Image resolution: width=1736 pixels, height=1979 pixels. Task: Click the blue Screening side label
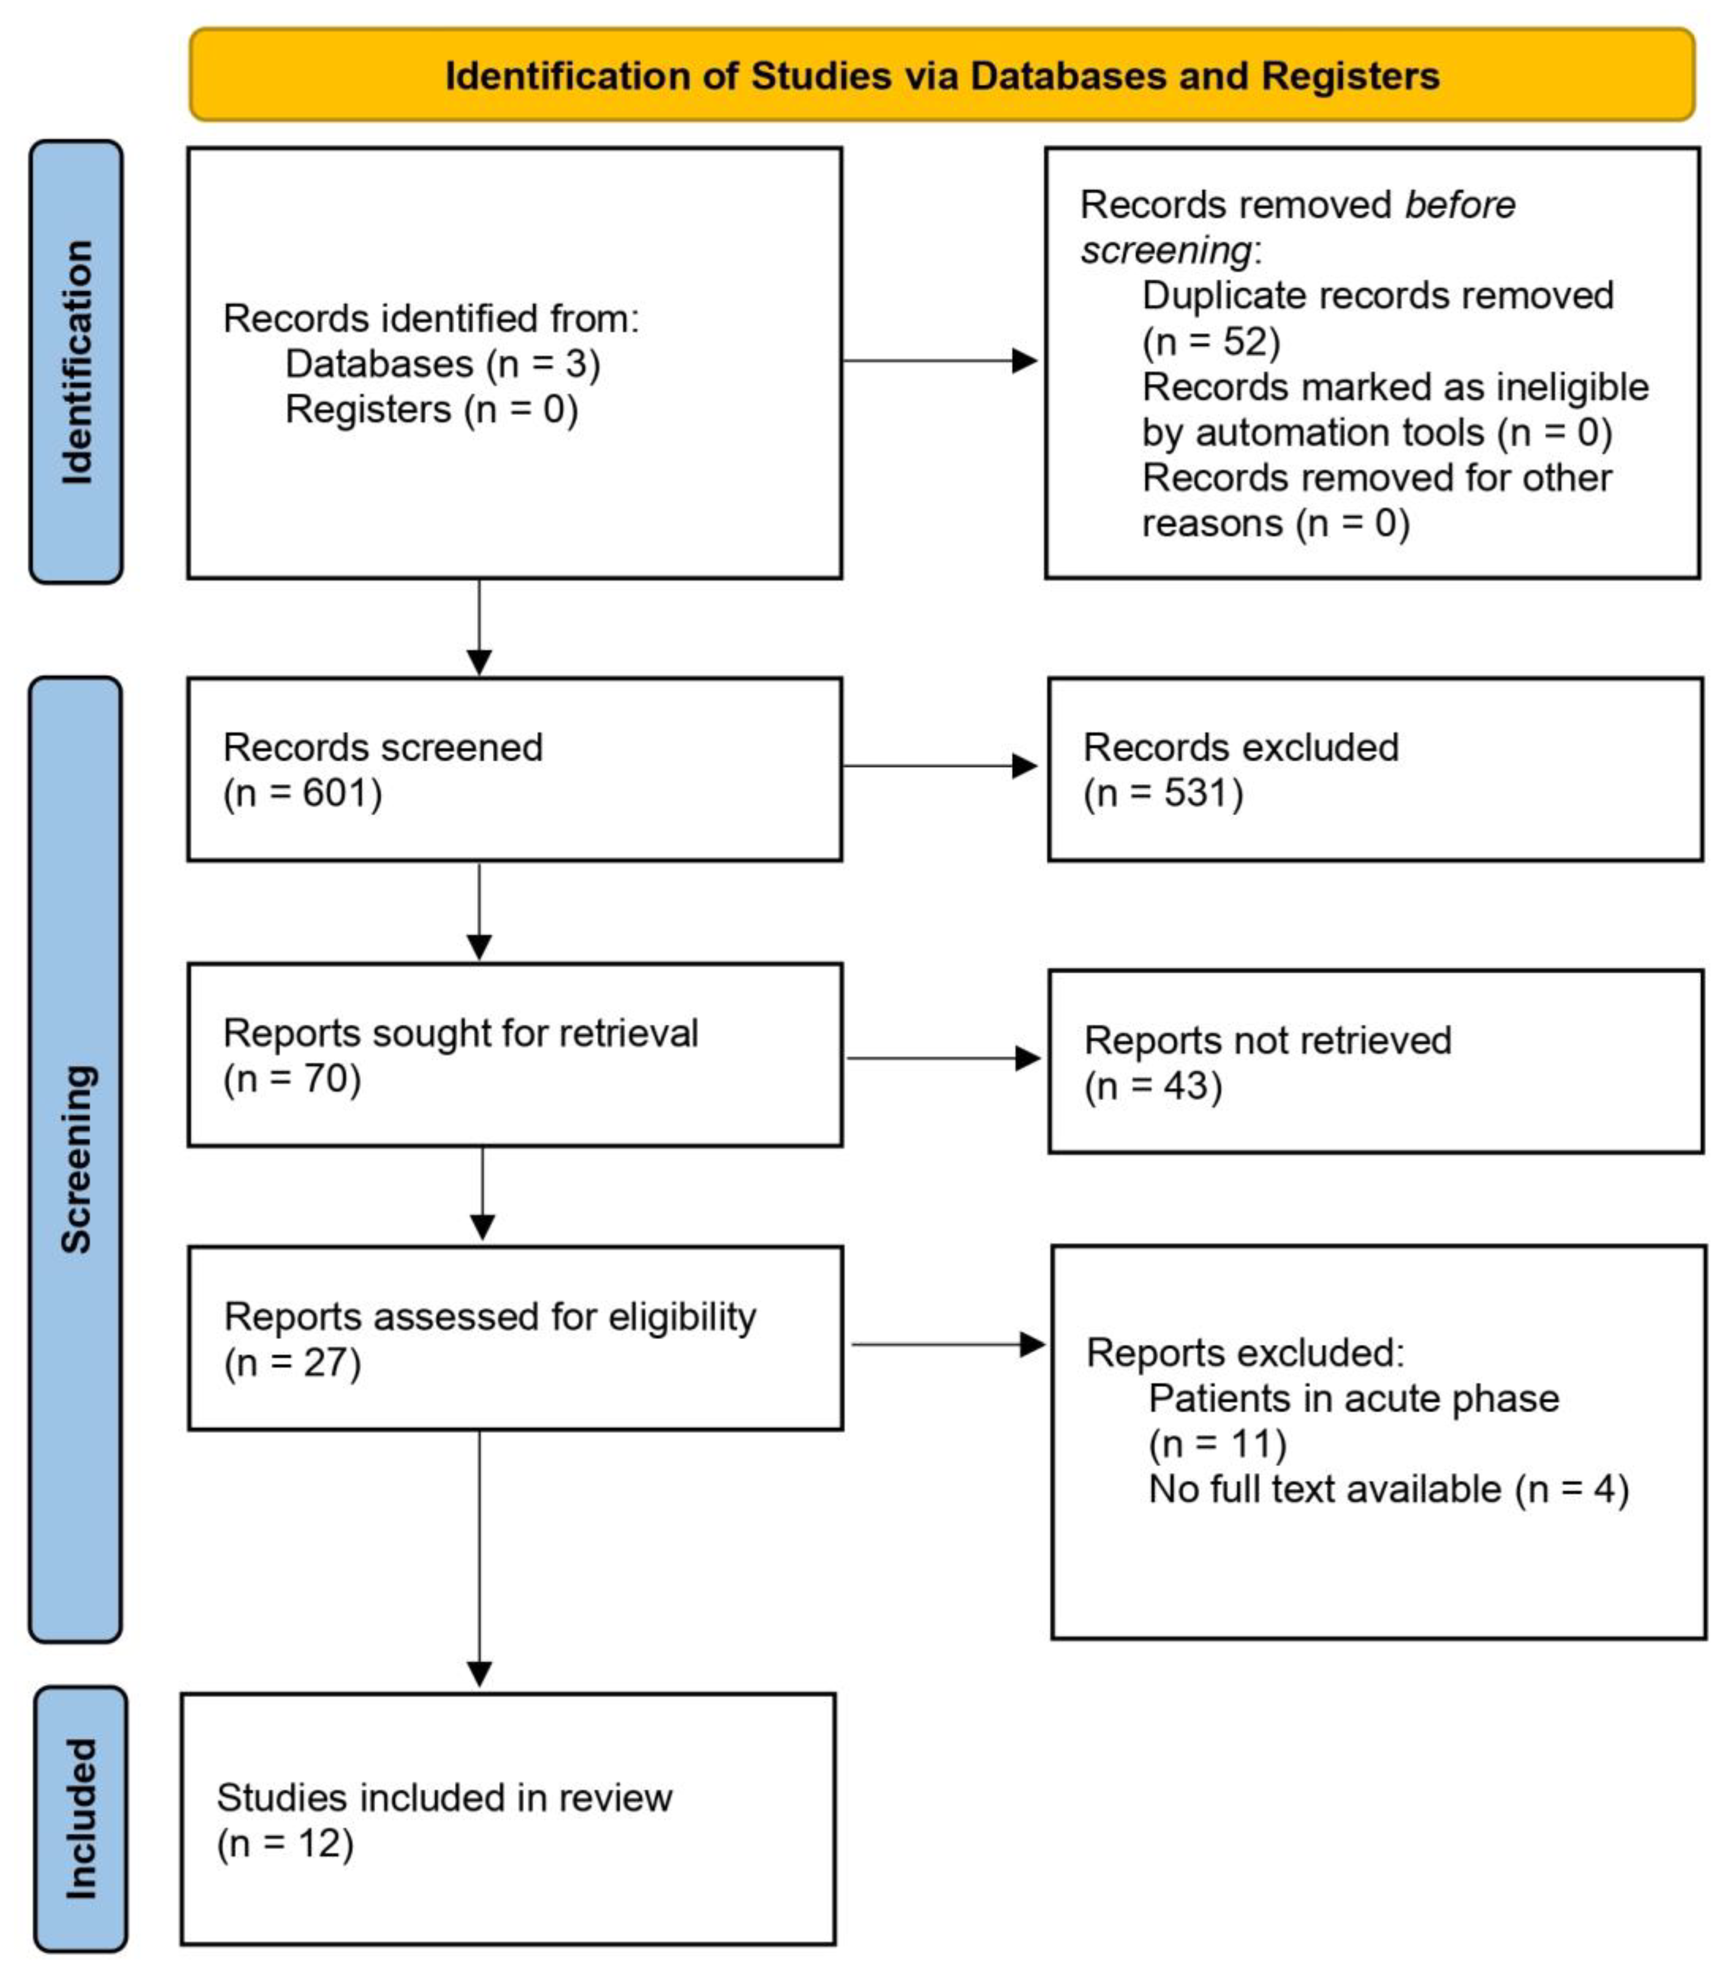75,1159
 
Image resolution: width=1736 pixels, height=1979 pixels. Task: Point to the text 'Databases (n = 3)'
443,364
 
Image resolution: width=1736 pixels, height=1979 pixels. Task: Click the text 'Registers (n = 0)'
431,410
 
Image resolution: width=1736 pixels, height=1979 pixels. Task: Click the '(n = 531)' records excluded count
1163,793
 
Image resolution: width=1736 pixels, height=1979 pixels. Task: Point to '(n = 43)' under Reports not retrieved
1152,1086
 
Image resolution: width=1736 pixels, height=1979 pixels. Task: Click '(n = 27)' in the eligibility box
292,1363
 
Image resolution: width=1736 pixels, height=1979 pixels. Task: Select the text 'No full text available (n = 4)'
1388,1489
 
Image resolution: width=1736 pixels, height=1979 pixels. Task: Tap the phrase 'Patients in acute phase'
1352,1398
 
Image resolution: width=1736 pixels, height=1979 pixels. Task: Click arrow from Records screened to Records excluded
939,766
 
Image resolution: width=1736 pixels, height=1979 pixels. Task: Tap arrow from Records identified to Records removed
939,361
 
